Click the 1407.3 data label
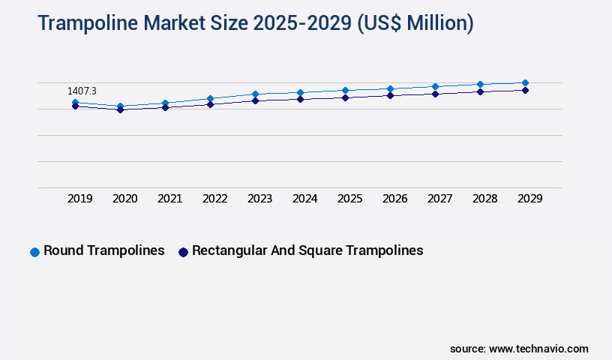82,91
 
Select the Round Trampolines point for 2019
75,102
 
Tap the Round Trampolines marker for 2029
525,82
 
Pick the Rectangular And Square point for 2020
120,109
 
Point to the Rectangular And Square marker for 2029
525,90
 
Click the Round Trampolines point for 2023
255,94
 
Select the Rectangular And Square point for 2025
345,97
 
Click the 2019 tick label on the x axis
80,199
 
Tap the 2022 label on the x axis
215,199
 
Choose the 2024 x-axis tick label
305,199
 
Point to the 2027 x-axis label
440,199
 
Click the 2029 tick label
530,199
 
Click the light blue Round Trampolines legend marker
34,252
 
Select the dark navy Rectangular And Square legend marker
183,252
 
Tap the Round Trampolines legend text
104,250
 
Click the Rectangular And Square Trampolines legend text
307,250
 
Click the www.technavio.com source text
538,349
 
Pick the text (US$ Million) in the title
415,24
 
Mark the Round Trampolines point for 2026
390,88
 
